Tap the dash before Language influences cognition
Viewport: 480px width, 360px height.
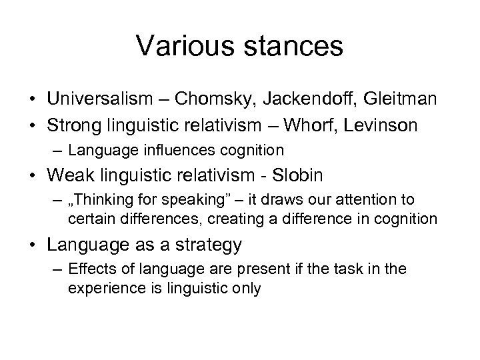55,150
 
